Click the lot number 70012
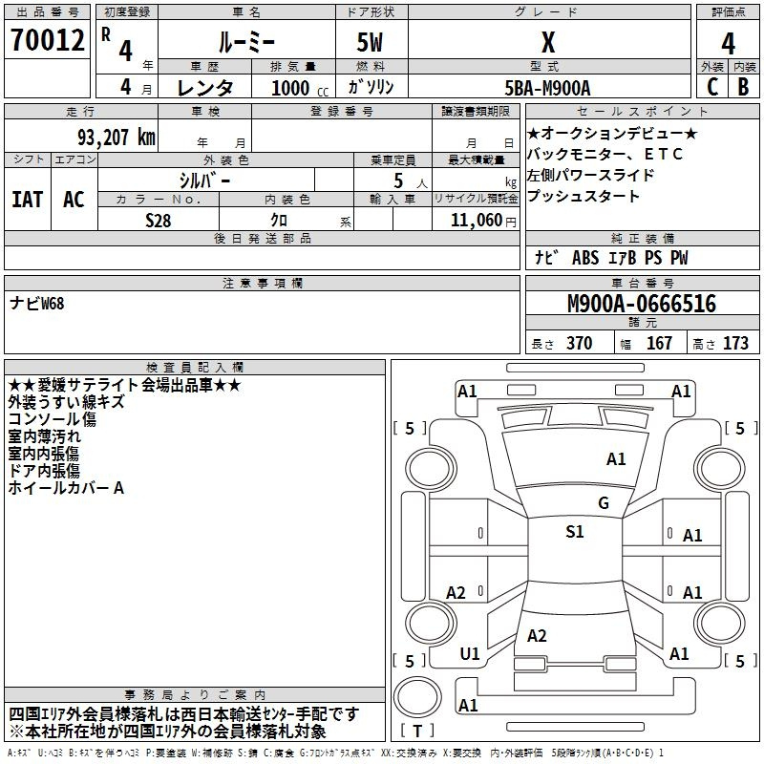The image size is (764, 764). pyautogui.click(x=47, y=40)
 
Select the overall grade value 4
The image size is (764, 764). pyautogui.click(x=728, y=43)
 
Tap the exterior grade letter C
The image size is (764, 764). pyautogui.click(x=712, y=87)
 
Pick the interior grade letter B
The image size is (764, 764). pyautogui.click(x=744, y=87)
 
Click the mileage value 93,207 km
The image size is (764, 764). pyautogui.click(x=117, y=138)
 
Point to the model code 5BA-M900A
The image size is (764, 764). pyautogui.click(x=547, y=88)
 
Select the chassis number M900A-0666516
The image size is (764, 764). pyautogui.click(x=642, y=304)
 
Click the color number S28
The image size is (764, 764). pyautogui.click(x=159, y=221)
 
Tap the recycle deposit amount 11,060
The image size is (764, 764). pyautogui.click(x=477, y=221)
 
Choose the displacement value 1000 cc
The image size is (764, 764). pyautogui.click(x=300, y=88)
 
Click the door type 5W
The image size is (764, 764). pyautogui.click(x=370, y=42)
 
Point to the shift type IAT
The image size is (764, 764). pyautogui.click(x=28, y=200)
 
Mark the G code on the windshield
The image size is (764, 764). pyautogui.click(x=604, y=503)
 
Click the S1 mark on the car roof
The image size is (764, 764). pyautogui.click(x=575, y=531)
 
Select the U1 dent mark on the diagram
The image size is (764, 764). pyautogui.click(x=470, y=654)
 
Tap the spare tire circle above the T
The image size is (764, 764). pyautogui.click(x=417, y=696)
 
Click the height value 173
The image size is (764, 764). pyautogui.click(x=735, y=343)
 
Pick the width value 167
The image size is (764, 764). pyautogui.click(x=659, y=343)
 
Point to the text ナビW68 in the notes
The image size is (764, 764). pyautogui.click(x=37, y=303)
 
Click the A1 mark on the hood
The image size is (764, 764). pyautogui.click(x=616, y=459)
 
